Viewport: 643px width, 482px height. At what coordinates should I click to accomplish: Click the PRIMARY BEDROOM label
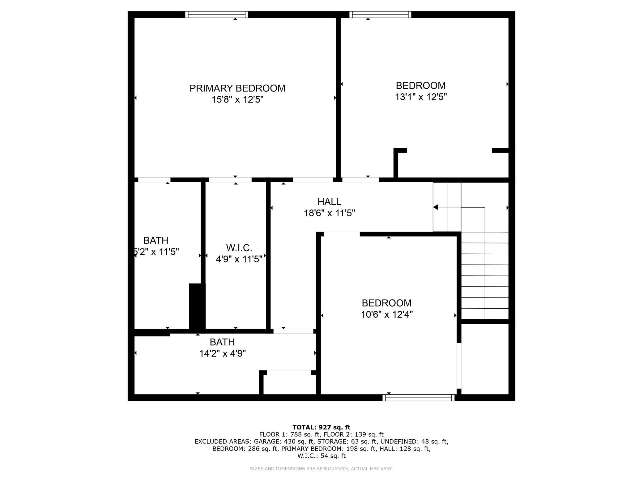tap(237, 88)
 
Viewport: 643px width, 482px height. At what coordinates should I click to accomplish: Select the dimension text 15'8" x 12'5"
tap(237, 100)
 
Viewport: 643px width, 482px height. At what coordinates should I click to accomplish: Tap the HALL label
tap(329, 202)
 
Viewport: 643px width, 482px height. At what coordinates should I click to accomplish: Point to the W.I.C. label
tap(239, 248)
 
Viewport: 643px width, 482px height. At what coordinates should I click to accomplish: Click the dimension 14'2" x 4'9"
tap(222, 353)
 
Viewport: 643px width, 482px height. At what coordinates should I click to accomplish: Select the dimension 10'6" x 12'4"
tap(387, 315)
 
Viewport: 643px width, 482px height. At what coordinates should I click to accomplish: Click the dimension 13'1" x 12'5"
tap(421, 97)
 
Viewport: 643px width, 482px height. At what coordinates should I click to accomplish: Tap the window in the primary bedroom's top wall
tap(217, 15)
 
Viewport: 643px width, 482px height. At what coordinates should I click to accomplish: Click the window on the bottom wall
tap(419, 398)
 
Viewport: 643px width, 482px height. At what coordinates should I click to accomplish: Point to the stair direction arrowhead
tap(435, 207)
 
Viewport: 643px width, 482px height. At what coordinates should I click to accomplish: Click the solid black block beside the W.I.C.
tap(197, 307)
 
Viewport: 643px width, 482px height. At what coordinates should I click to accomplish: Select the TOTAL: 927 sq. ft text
tap(321, 427)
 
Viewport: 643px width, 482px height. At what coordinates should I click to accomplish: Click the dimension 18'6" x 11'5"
tap(329, 213)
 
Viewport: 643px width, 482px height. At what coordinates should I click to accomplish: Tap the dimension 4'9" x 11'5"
tap(239, 259)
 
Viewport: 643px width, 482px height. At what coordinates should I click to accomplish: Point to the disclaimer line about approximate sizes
tap(321, 469)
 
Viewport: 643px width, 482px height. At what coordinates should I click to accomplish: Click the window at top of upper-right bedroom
tap(380, 15)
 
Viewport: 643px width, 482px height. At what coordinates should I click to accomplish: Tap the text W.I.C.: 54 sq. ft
tap(321, 456)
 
